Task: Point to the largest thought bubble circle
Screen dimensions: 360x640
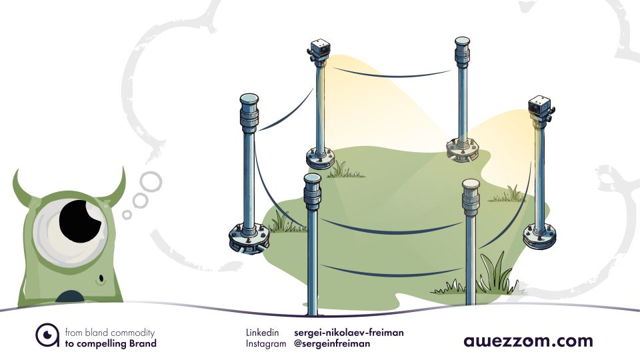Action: pyautogui.click(x=151, y=181)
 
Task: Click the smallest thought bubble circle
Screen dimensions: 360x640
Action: pyautogui.click(x=127, y=214)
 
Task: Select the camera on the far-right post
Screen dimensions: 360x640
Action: pyautogui.click(x=539, y=106)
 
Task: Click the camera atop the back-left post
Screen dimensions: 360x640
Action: pyautogui.click(x=319, y=48)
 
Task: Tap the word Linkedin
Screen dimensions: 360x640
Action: pyautogui.click(x=262, y=332)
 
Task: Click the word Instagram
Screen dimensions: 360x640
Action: pyautogui.click(x=265, y=344)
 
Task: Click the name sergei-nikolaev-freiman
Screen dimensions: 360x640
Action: pyautogui.click(x=349, y=332)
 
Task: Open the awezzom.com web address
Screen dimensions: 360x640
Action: pyautogui.click(x=528, y=341)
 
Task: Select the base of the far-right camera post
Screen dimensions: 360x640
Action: pyautogui.click(x=539, y=235)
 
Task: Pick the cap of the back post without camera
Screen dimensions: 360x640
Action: pyautogui.click(x=462, y=41)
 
